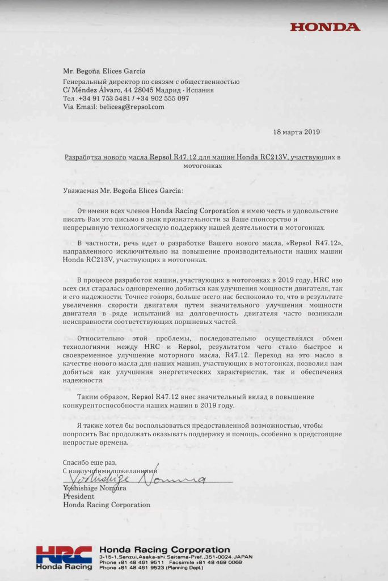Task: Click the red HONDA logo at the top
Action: (325, 27)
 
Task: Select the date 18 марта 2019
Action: (296, 132)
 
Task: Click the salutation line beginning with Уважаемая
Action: (124, 191)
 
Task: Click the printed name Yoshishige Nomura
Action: (95, 487)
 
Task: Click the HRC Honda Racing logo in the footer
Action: (64, 558)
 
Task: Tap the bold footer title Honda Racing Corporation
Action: (165, 550)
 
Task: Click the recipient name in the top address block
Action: (104, 71)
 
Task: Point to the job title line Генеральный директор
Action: (151, 81)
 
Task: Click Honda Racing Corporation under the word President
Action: (107, 504)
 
